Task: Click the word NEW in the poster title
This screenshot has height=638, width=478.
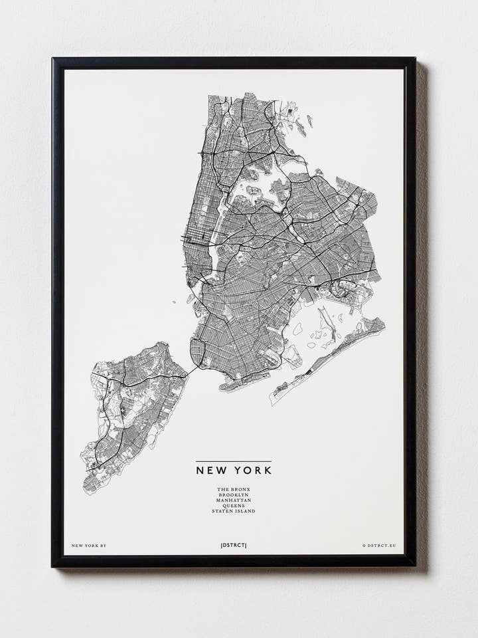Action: [210, 470]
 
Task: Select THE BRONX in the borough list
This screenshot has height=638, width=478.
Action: [233, 490]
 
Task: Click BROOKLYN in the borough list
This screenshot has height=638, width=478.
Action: [233, 495]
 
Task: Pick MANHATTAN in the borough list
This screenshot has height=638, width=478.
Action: [233, 500]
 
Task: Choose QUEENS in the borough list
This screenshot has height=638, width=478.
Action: [233, 506]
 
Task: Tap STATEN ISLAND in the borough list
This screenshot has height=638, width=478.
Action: [233, 511]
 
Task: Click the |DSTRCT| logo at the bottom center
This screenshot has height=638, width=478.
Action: [233, 546]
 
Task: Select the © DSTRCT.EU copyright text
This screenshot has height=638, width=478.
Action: [379, 546]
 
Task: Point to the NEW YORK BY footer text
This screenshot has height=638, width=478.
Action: [88, 546]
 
